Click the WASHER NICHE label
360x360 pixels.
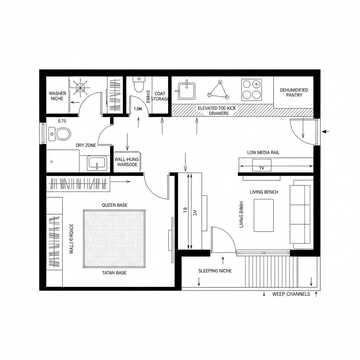(57, 96)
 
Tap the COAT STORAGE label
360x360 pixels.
(160, 96)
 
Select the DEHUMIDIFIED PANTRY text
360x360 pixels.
(294, 92)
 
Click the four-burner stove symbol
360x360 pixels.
(251, 90)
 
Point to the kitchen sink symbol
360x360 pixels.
(186, 90)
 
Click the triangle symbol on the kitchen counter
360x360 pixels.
(218, 90)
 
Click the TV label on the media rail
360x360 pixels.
(262, 168)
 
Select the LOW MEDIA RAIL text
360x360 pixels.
(263, 153)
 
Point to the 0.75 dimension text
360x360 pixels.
(62, 121)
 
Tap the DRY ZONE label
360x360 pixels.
(86, 145)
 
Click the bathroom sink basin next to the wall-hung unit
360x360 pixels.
(97, 163)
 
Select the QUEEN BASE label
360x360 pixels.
(115, 205)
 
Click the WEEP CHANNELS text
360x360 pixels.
(291, 294)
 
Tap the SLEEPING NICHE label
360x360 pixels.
(215, 271)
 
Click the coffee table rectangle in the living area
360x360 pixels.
(263, 215)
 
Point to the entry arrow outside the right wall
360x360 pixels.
(326, 131)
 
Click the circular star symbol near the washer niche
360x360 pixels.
(80, 88)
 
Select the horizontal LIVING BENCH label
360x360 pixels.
(264, 192)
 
